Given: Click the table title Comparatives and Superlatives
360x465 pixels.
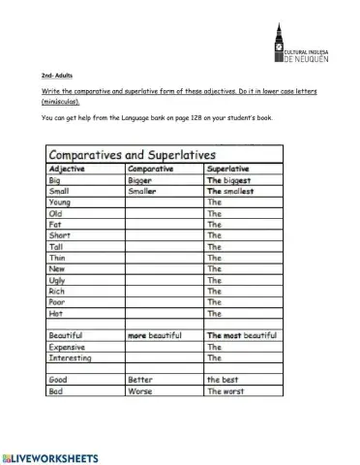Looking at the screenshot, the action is click(x=133, y=155).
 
